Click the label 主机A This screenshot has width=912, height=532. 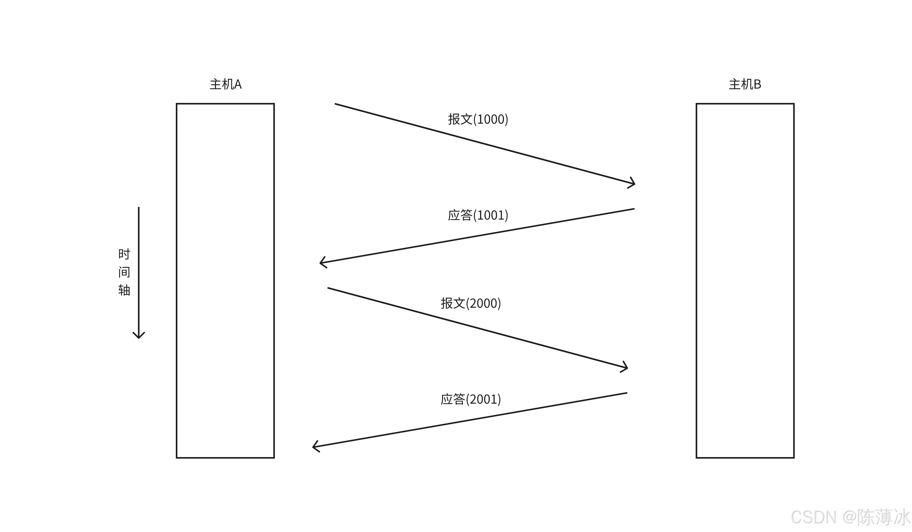point(225,84)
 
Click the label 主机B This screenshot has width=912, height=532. point(745,84)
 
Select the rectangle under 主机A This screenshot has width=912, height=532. point(225,281)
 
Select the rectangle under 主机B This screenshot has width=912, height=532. point(745,281)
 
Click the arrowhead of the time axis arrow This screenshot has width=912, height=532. point(139,336)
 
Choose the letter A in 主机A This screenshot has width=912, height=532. point(238,84)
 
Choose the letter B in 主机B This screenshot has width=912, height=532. point(757,84)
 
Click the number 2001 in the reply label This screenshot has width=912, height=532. point(483,399)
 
